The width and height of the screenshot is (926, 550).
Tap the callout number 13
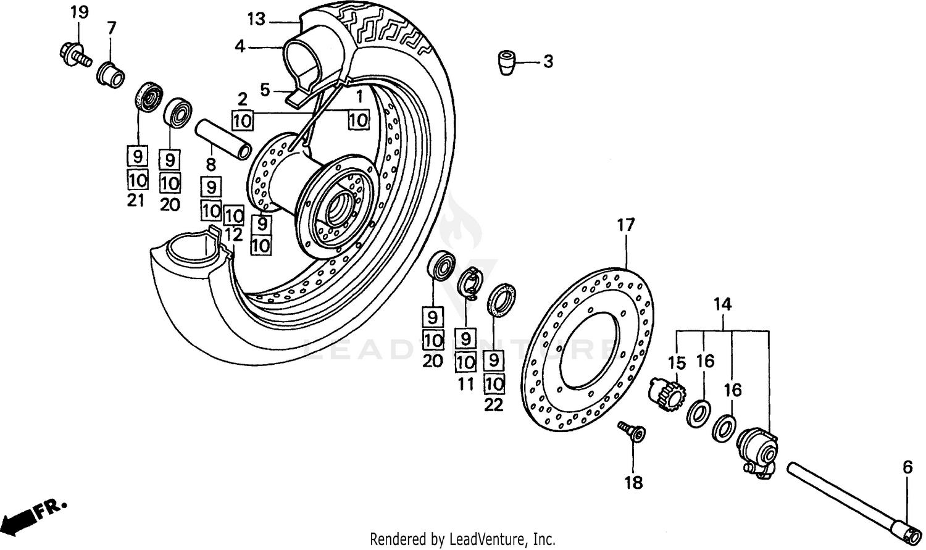[256, 19]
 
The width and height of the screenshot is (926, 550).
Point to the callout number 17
[625, 225]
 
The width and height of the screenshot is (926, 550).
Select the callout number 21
[136, 200]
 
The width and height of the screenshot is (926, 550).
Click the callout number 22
[494, 405]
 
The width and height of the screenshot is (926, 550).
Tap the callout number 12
[233, 235]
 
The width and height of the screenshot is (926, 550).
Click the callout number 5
[265, 90]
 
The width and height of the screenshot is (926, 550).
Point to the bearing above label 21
[149, 96]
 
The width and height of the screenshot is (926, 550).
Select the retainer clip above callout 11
[472, 283]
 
